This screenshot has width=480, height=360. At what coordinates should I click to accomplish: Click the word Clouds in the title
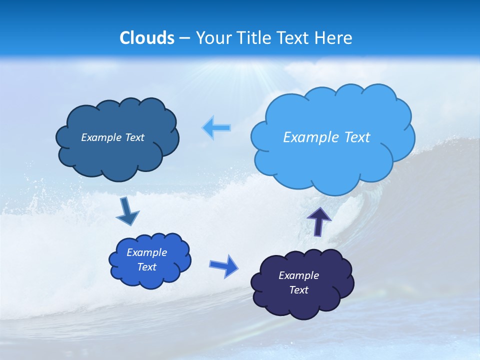[147, 38]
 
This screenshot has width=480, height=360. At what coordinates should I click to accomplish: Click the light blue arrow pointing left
[217, 128]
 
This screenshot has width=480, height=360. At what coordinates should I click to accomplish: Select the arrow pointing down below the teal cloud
[127, 212]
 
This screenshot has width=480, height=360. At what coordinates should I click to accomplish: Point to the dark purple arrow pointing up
[319, 221]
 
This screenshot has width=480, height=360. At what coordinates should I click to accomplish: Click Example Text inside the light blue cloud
[326, 137]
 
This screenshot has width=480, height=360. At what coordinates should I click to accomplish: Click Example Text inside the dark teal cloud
[112, 137]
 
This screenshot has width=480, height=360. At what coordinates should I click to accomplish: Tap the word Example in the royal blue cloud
[146, 252]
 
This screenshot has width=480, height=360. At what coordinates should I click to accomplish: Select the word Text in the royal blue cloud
[146, 267]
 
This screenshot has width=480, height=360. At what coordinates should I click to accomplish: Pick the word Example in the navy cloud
[298, 275]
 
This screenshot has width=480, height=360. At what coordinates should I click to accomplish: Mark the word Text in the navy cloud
[298, 290]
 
